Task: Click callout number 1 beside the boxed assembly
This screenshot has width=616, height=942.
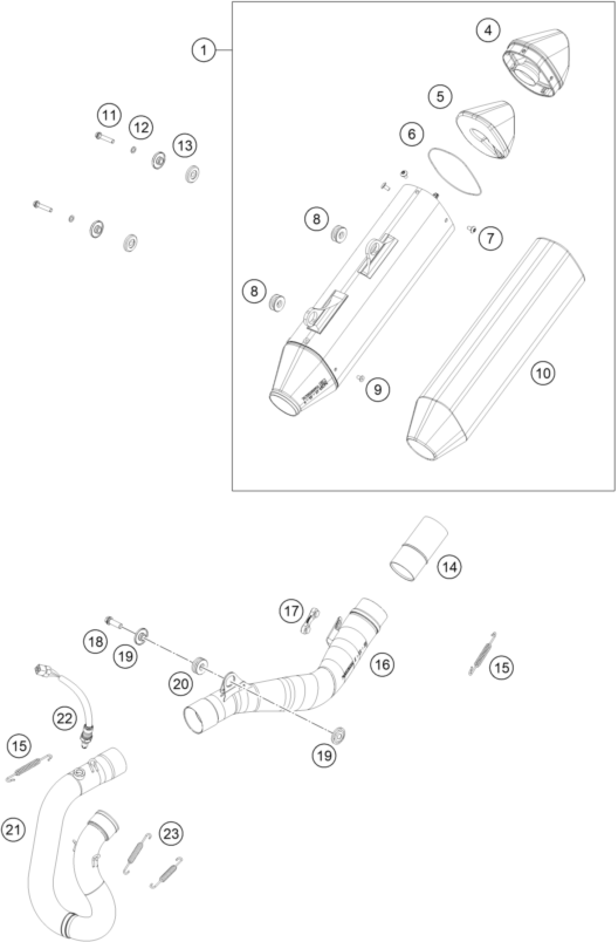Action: tap(204, 51)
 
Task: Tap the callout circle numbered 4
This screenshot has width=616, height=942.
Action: tap(488, 30)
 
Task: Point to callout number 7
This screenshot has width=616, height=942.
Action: tap(490, 238)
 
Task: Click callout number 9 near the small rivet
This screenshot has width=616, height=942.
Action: tap(378, 389)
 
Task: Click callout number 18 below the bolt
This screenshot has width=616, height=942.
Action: tap(95, 641)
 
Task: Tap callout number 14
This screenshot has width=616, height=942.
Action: tap(449, 567)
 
